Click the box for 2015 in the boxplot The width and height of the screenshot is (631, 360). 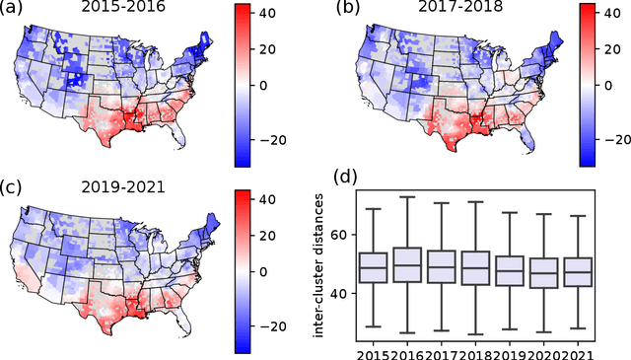point(373,267)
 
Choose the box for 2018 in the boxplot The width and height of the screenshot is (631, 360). point(475,267)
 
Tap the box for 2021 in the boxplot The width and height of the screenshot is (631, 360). point(578,271)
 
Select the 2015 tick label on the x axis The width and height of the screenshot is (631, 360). point(373,351)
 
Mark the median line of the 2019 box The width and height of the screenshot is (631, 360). point(510,269)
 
